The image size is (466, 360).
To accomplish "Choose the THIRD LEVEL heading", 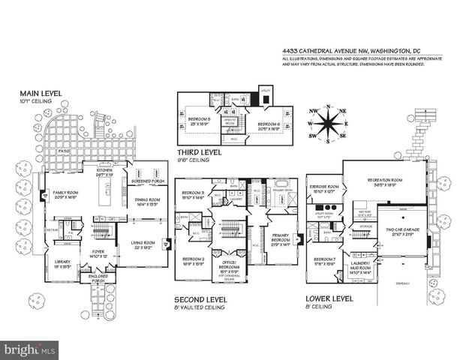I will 197,151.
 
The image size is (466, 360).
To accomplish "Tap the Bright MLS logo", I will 30,349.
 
